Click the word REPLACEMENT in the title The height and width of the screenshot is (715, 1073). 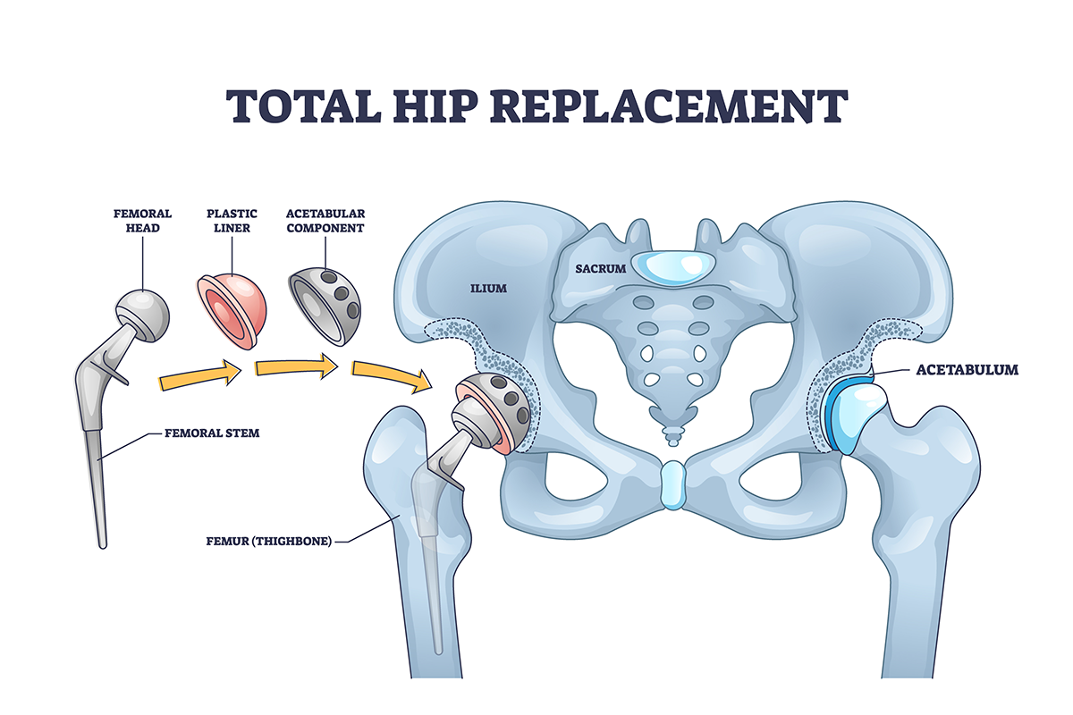click(x=666, y=105)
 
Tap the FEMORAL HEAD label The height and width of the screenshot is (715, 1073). click(x=142, y=221)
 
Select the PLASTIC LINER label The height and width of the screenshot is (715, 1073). click(x=232, y=221)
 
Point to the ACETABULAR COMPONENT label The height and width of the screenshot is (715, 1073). click(x=325, y=221)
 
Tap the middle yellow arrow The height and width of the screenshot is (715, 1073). click(x=296, y=366)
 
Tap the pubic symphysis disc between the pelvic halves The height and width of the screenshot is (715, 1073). click(x=672, y=484)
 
